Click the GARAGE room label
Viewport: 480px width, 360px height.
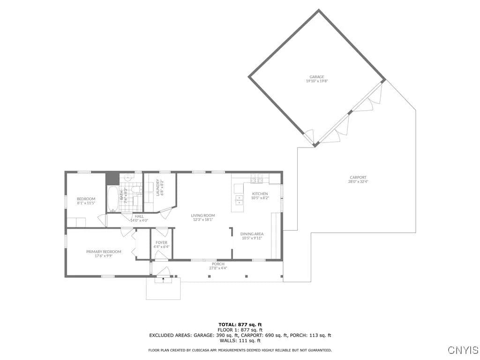pos(316,77)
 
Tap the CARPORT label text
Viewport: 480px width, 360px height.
pos(358,177)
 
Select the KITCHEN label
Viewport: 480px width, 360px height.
pos(260,194)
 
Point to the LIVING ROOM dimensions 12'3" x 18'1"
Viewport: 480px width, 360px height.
pos(202,219)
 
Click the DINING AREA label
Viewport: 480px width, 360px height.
pos(252,234)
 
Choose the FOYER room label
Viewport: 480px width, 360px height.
pos(161,242)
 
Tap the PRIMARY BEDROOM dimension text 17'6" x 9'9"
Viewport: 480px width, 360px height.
pos(104,256)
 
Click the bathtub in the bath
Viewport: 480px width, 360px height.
pos(112,199)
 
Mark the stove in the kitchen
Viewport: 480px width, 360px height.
pos(256,179)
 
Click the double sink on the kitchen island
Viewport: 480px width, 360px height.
pos(239,200)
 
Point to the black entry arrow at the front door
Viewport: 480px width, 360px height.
pos(163,278)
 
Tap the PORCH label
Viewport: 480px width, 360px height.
pos(218,264)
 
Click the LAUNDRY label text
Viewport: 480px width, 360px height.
pos(157,187)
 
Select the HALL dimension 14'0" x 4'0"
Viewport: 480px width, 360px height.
pos(139,220)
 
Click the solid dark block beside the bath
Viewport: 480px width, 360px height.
pos(112,179)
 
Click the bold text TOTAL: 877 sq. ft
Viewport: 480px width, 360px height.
pos(240,324)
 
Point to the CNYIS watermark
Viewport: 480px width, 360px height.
pos(463,350)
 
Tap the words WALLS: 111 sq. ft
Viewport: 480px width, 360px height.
pos(240,340)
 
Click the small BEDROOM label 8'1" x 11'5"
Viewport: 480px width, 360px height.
pos(86,201)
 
